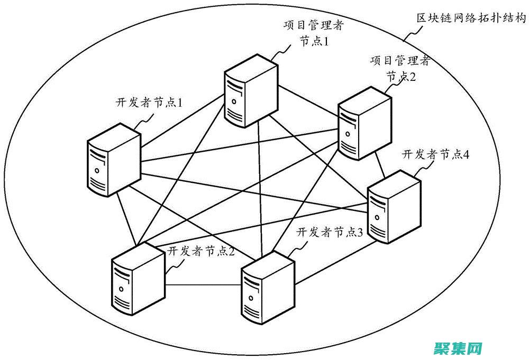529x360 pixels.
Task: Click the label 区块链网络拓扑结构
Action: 471,18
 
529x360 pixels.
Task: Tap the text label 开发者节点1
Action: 149,101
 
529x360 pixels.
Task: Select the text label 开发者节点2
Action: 201,251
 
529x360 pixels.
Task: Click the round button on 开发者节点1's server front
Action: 97,171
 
